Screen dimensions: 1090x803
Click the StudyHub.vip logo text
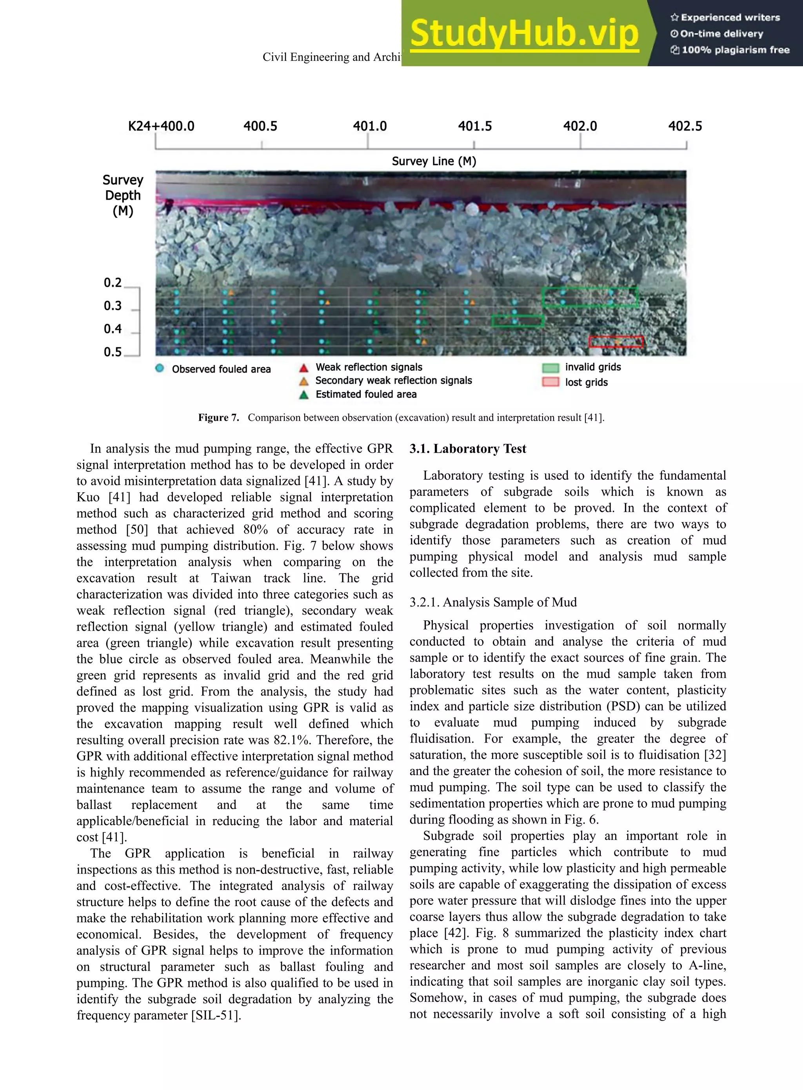(x=524, y=33)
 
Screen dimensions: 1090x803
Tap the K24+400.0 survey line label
(x=161, y=126)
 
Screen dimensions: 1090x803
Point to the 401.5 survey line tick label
(x=474, y=126)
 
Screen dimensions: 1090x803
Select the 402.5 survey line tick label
(x=685, y=126)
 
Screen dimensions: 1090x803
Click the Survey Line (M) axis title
(x=434, y=162)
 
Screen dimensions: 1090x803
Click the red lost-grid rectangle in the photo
(x=616, y=342)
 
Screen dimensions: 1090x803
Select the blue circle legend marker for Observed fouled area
(x=160, y=368)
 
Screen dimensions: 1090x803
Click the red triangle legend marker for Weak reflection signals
(x=304, y=368)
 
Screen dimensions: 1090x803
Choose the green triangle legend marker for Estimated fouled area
(x=304, y=395)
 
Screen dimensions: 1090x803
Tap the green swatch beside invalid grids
(x=550, y=368)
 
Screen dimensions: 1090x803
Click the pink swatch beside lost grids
(x=550, y=382)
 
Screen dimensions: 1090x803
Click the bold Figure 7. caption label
(x=218, y=418)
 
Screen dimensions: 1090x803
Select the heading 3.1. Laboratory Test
(x=468, y=449)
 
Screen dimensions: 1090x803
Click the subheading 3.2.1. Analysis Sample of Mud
(x=493, y=602)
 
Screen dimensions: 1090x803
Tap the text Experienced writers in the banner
(x=730, y=18)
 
